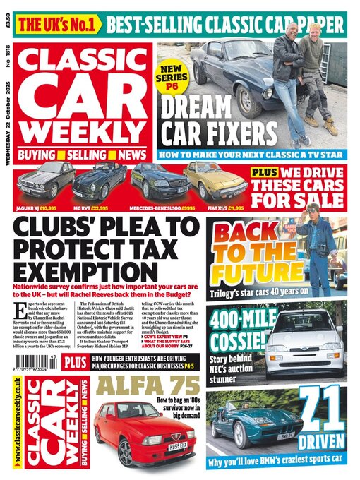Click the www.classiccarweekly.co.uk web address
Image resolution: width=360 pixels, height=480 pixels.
15,423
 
